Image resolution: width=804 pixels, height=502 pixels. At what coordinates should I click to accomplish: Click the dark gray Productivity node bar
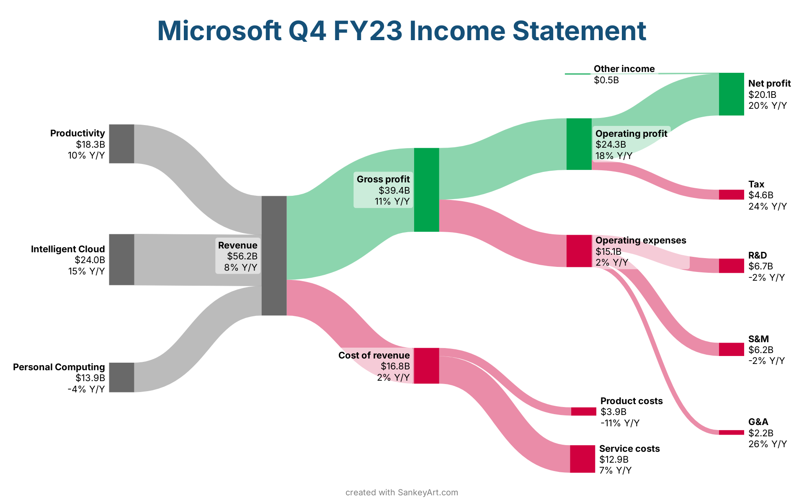point(121,143)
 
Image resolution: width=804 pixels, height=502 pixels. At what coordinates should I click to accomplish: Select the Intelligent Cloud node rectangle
point(121,259)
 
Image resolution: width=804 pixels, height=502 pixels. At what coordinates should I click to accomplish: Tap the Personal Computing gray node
point(121,377)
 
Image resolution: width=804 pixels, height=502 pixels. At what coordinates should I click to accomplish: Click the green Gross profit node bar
point(426,190)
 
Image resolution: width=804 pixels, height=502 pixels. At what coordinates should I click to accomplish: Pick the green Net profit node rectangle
point(732,94)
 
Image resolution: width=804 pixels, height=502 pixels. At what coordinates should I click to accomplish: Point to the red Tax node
point(732,195)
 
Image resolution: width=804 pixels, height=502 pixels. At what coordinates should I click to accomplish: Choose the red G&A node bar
point(732,432)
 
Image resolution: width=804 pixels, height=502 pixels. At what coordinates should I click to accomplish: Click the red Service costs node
point(582,459)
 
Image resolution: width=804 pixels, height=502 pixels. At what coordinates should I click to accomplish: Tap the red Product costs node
point(584,412)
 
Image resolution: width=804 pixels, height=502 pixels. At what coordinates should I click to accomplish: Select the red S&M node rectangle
point(732,349)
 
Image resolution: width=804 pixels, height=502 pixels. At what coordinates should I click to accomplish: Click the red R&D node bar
point(732,266)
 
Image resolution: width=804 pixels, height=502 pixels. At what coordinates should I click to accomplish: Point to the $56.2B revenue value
point(242,256)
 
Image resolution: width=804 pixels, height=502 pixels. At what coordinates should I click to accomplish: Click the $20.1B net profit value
point(762,95)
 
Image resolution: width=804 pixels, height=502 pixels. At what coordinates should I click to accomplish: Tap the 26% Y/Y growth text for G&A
point(768,444)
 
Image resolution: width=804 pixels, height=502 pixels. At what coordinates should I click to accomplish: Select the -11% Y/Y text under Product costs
point(620,423)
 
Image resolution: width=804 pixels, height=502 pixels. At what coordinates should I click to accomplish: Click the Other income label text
point(624,69)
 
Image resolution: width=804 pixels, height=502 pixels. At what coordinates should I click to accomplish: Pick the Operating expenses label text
point(641,240)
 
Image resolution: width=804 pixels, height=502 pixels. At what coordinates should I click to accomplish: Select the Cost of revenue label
point(374,355)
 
